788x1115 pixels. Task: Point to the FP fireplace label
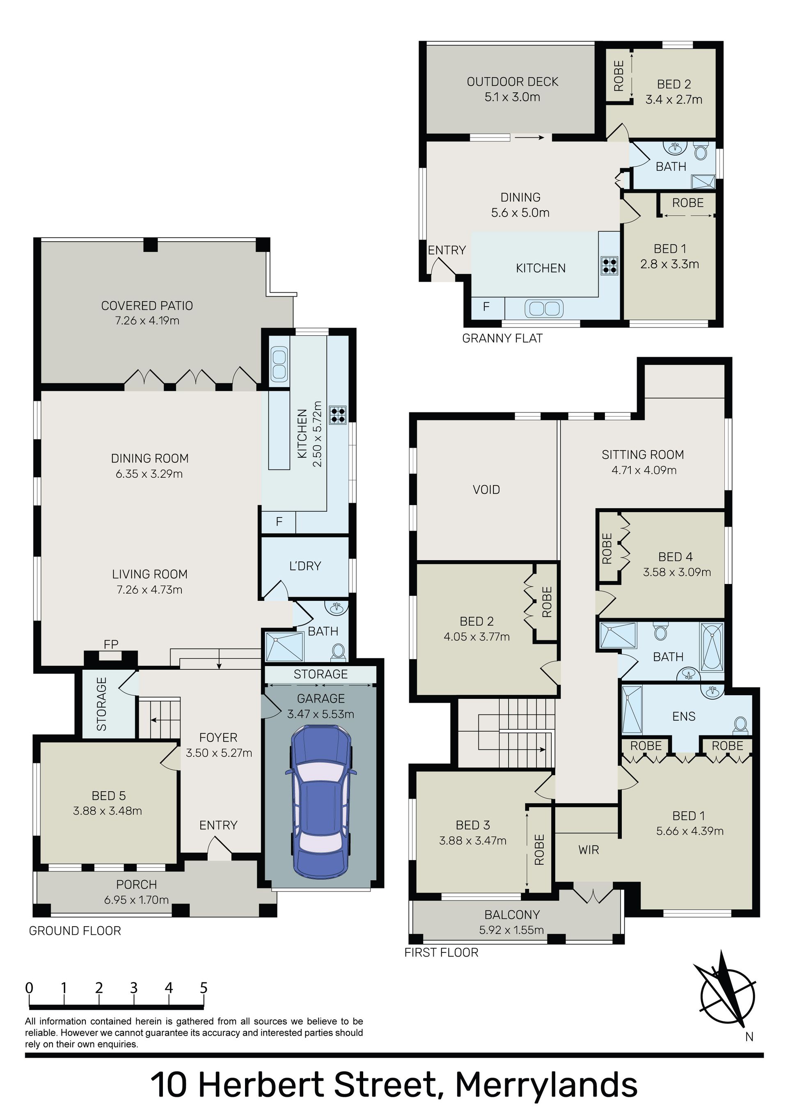pos(111,644)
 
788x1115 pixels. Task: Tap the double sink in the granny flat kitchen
pos(544,308)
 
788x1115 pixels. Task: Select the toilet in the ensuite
pos(740,725)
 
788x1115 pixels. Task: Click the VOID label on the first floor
pos(486,490)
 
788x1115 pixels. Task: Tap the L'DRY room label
pos(305,566)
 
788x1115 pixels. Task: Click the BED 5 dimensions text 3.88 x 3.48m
pos(108,810)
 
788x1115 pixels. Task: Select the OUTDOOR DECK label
pos(513,82)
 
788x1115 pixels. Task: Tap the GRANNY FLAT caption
pos(502,339)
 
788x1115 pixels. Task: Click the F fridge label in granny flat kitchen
pos(486,307)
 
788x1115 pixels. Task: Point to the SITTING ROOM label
pos(643,455)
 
